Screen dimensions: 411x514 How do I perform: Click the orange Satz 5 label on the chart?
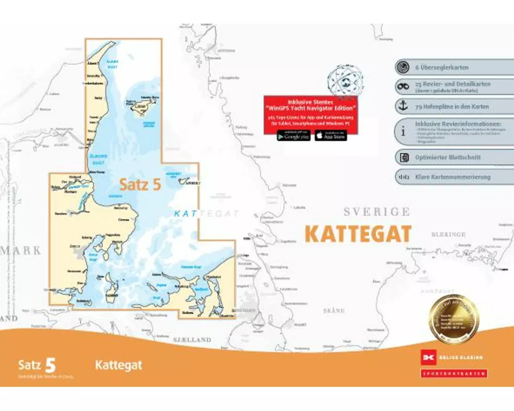[x=140, y=184]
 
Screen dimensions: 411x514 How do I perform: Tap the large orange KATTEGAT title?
[x=358, y=234]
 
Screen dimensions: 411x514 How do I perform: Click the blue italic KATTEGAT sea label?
[x=206, y=213]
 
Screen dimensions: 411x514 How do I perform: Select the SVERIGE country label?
[x=377, y=212]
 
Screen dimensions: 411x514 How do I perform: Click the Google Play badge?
[x=293, y=136]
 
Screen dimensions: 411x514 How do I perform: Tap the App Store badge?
[x=331, y=136]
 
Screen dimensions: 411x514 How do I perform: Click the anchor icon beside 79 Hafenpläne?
[x=403, y=106]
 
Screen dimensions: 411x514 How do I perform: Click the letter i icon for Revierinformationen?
[x=403, y=130]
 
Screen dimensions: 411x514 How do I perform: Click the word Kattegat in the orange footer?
[x=118, y=365]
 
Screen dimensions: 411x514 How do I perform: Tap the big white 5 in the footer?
[x=50, y=365]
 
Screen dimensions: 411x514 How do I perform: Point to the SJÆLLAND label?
[x=192, y=340]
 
